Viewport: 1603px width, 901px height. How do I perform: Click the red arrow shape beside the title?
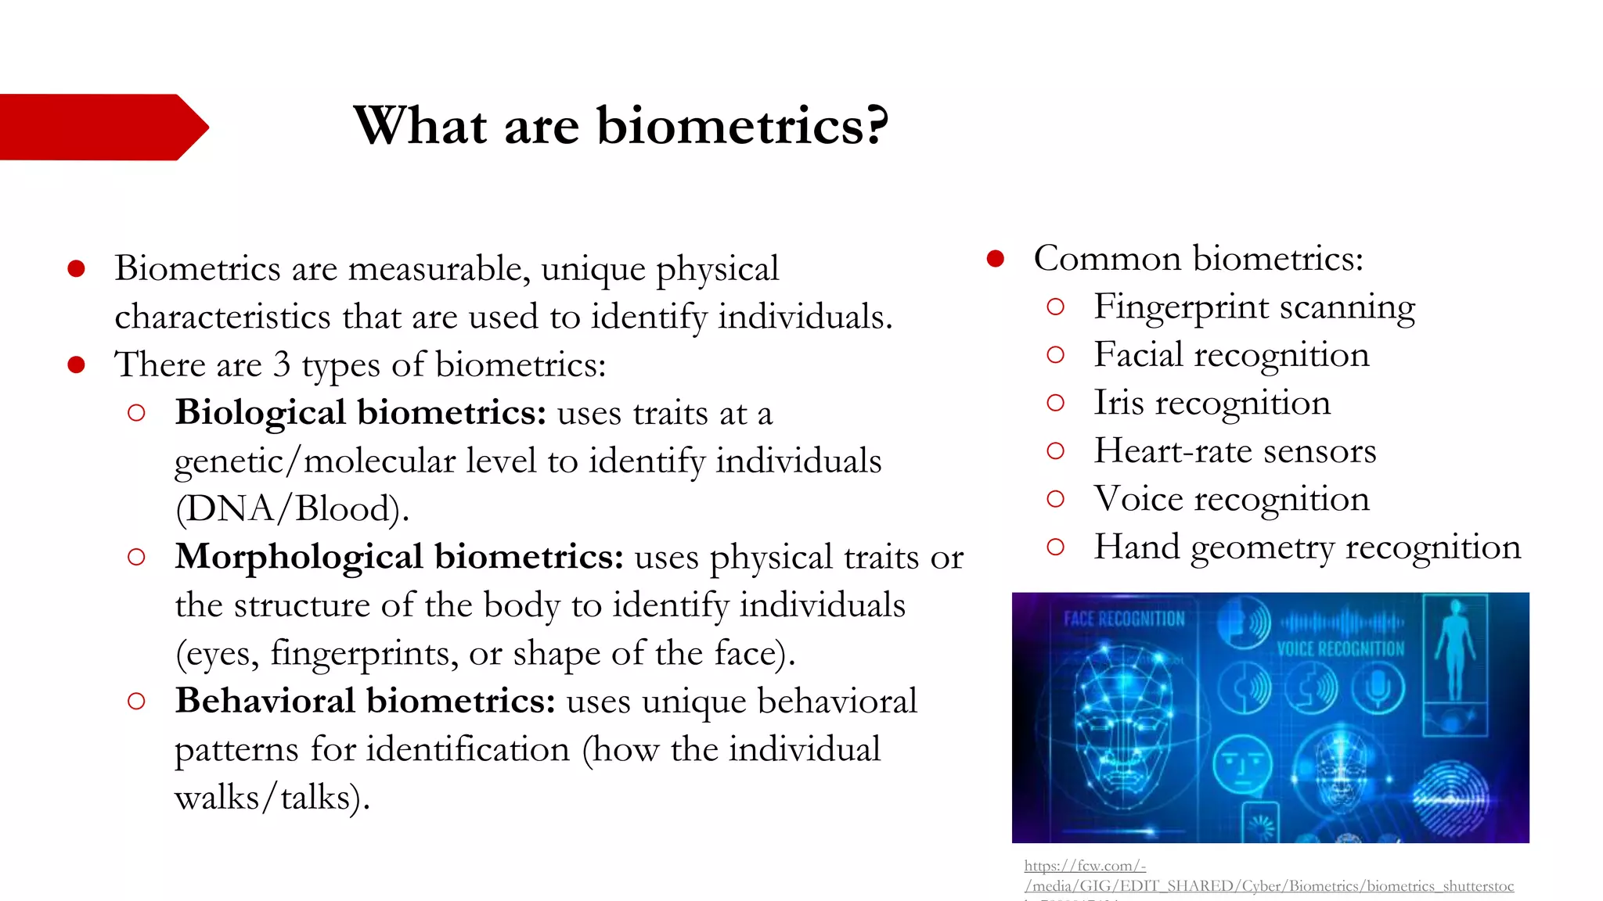(98, 127)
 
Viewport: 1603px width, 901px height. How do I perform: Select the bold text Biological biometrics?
(360, 412)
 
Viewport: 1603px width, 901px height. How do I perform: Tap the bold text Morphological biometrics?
(399, 557)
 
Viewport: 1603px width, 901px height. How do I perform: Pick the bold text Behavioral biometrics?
(365, 701)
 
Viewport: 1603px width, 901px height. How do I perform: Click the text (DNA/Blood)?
(292, 509)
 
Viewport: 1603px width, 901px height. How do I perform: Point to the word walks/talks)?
(272, 798)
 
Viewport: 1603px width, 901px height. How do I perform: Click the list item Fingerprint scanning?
(1254, 307)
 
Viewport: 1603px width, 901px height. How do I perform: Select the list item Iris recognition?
(1212, 403)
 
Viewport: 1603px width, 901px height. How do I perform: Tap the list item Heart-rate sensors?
(1234, 451)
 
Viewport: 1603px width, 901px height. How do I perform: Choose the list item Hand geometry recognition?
(1307, 547)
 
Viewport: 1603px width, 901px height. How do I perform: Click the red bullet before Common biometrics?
(995, 259)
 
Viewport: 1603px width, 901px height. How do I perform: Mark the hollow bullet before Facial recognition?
(1055, 355)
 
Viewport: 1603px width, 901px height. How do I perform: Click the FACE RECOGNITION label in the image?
(1124, 619)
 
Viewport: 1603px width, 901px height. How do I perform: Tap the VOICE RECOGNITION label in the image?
(1340, 649)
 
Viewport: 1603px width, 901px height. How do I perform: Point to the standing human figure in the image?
(1454, 649)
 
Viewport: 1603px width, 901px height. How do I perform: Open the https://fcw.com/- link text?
(1085, 866)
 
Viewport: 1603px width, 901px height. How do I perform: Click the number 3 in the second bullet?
(281, 365)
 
